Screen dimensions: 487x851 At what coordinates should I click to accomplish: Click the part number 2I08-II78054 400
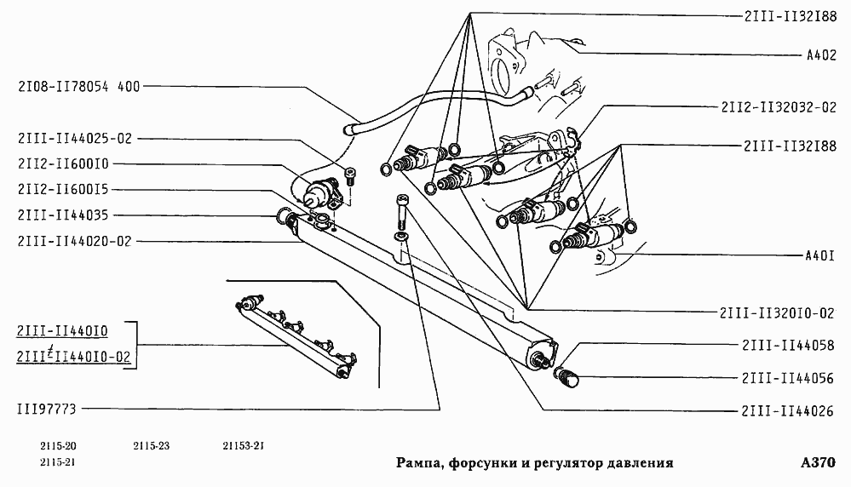[78, 86]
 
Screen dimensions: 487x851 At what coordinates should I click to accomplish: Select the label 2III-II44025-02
[74, 138]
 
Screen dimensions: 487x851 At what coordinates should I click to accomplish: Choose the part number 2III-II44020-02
[74, 241]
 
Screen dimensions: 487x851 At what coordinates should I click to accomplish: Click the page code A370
[818, 463]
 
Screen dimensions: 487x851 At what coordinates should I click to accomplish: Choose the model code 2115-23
[152, 446]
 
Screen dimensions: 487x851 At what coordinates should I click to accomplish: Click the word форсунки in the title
[477, 463]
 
